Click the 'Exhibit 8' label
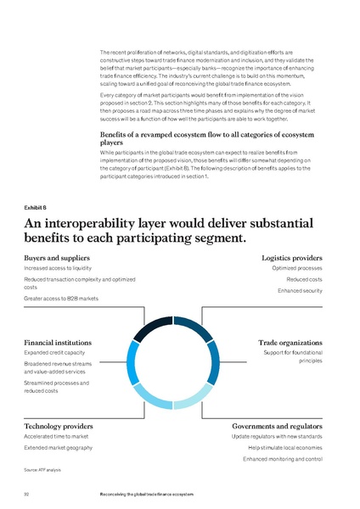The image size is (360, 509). (36, 206)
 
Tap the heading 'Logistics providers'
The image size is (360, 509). (292, 257)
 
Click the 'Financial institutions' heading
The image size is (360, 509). (58, 342)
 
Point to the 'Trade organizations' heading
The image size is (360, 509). (290, 342)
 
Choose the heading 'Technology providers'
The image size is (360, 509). (58, 425)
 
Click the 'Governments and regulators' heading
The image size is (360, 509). (277, 425)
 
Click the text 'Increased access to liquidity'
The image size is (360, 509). (60, 268)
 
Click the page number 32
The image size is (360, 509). (28, 493)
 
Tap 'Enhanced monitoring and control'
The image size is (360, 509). (283, 458)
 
